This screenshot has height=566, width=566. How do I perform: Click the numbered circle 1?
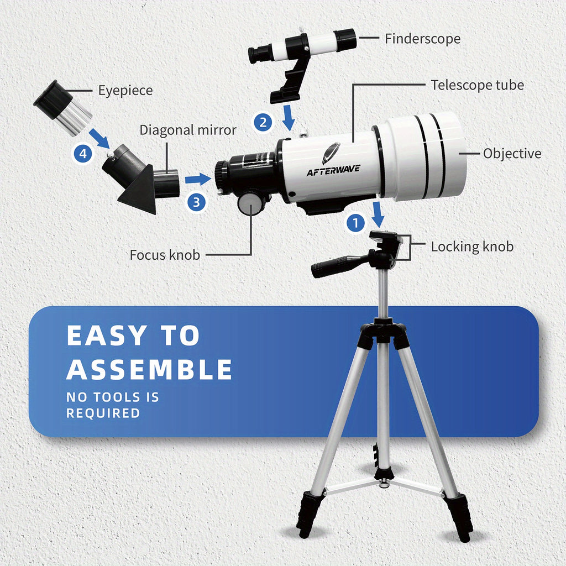coord(356,223)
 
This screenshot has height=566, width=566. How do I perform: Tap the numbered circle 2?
coord(263,122)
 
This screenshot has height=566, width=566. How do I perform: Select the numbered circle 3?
coord(196,202)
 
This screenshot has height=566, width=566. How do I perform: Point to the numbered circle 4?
coord(83,154)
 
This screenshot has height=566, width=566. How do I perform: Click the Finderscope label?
coord(422,39)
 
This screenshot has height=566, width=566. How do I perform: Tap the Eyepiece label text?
coord(125,91)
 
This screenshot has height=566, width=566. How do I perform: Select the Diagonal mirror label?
coord(188,130)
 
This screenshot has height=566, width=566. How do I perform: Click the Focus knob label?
coord(165,255)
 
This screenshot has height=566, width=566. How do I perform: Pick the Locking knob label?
coord(472,247)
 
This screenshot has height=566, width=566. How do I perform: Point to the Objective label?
coord(512,154)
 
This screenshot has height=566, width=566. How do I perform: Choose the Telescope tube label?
coord(477,85)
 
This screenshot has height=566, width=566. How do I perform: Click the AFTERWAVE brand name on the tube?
coord(333,170)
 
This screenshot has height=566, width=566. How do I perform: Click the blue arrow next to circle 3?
coord(198,179)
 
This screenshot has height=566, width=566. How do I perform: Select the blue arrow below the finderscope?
coord(289,118)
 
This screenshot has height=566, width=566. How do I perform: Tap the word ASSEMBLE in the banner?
coord(149,370)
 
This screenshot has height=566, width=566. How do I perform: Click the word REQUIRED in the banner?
coord(103,413)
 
